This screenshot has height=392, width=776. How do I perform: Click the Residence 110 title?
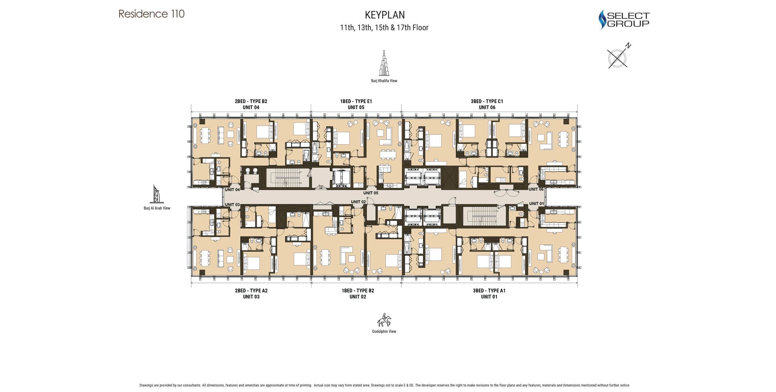(151, 14)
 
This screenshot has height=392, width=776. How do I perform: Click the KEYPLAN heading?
(384, 15)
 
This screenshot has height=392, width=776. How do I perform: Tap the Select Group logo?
(624, 20)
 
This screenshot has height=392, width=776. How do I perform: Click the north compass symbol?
(618, 56)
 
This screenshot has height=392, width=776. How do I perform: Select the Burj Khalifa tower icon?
(384, 63)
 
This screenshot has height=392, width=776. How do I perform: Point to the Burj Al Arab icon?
(156, 194)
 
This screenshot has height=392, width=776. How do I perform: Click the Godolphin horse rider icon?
(384, 320)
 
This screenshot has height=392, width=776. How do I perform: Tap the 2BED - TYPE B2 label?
(251, 101)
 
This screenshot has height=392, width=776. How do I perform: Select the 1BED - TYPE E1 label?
(356, 101)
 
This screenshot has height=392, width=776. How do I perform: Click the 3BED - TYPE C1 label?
(487, 101)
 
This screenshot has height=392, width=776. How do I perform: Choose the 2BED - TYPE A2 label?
(251, 290)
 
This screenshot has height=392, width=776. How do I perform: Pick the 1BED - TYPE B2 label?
(357, 290)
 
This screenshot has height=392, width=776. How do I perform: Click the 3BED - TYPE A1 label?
(489, 290)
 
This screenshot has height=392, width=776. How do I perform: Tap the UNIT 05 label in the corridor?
(370, 193)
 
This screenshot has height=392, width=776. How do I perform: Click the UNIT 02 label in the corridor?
(358, 202)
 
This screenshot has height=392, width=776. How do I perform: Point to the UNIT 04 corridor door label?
(232, 190)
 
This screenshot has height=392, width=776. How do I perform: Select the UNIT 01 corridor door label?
(537, 203)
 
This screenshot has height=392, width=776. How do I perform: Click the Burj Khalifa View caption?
(384, 81)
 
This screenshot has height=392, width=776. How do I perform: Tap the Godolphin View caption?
(384, 331)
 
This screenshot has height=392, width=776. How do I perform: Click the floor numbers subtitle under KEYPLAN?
(384, 27)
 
